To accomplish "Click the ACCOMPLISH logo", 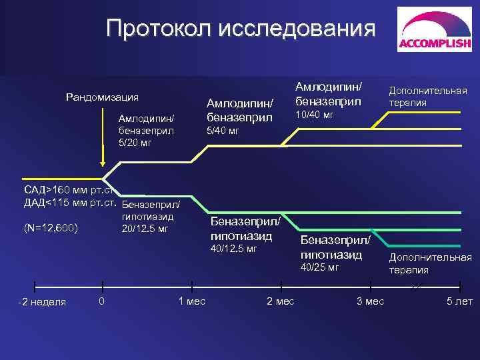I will click(x=435, y=30).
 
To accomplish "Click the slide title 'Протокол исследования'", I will click(x=241, y=28).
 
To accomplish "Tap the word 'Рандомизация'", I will click(x=102, y=97).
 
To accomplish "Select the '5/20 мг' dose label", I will click(x=137, y=142).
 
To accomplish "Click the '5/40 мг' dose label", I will click(x=223, y=131).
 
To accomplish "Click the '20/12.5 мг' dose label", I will click(x=145, y=229).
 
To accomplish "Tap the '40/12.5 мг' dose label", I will click(x=233, y=249).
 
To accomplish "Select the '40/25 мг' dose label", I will click(x=320, y=267).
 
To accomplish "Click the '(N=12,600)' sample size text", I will click(x=51, y=229).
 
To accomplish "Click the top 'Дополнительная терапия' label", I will click(x=428, y=97).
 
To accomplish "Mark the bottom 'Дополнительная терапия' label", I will click(x=430, y=263).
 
